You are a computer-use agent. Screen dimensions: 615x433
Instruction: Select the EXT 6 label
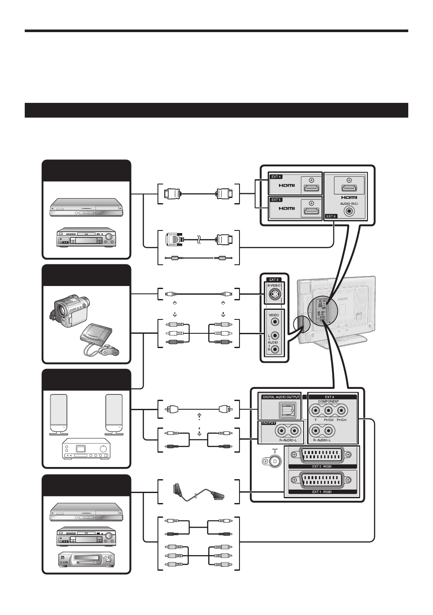(x=331, y=216)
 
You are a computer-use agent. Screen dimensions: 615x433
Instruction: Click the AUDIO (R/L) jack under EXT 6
(x=348, y=211)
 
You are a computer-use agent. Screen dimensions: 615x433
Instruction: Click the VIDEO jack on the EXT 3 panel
(x=274, y=322)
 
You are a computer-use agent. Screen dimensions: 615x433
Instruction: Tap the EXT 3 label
(x=273, y=280)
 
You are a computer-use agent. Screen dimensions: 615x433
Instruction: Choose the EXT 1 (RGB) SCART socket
(x=321, y=480)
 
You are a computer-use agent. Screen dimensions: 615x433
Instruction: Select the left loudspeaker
(x=59, y=413)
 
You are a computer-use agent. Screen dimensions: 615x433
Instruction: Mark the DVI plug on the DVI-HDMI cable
(x=174, y=239)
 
